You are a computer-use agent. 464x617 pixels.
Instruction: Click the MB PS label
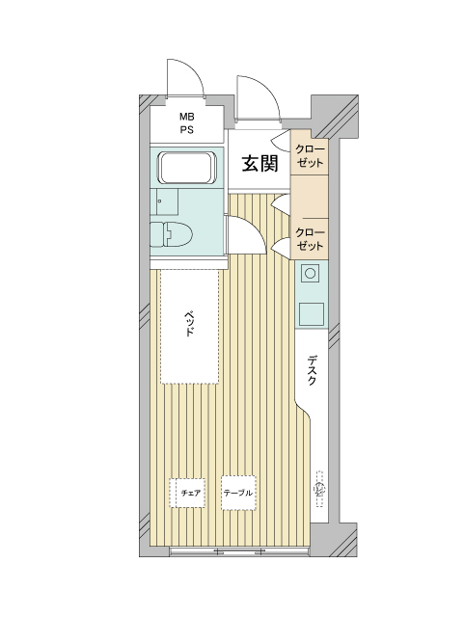point(187,123)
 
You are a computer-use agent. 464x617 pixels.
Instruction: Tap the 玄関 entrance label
point(259,163)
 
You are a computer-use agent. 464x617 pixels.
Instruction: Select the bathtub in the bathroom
point(187,168)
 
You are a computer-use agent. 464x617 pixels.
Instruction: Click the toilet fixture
point(172,234)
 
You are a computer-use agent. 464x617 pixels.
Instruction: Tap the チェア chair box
point(187,493)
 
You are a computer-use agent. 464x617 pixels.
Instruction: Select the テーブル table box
point(238,493)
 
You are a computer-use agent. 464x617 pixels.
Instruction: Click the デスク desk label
point(312,370)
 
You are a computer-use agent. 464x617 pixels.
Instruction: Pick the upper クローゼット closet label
point(310,156)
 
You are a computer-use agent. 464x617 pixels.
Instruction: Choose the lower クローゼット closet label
point(310,239)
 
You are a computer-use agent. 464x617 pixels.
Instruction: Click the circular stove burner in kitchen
point(310,273)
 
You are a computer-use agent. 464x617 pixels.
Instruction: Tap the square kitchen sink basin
point(312,314)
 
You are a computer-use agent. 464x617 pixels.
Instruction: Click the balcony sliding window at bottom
point(238,550)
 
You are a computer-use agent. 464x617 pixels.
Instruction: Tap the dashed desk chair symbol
point(320,489)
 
